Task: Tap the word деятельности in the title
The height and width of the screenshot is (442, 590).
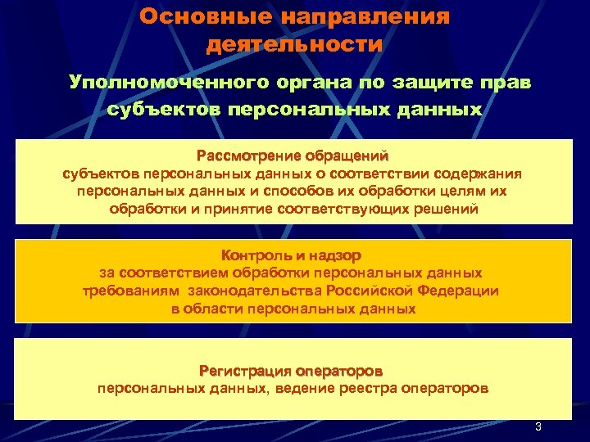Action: point(294,43)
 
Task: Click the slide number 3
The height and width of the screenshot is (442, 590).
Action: point(538,427)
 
